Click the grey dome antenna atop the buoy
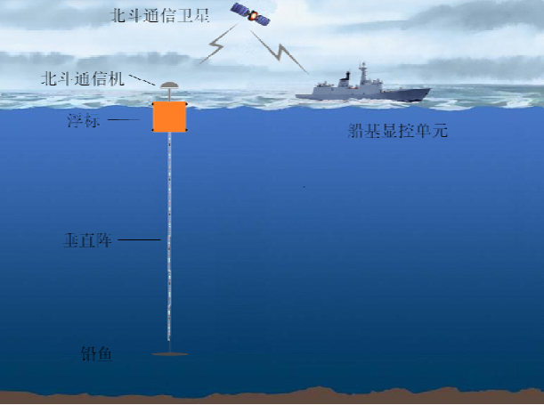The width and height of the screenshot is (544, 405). (x=168, y=86)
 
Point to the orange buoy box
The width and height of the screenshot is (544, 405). (x=168, y=116)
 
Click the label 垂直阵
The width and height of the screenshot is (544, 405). (x=87, y=240)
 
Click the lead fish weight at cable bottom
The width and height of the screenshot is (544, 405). (x=168, y=353)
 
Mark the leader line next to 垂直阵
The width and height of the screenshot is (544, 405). (x=139, y=240)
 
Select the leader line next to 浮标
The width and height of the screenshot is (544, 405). (x=126, y=120)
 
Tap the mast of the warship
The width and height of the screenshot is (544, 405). (x=362, y=71)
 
